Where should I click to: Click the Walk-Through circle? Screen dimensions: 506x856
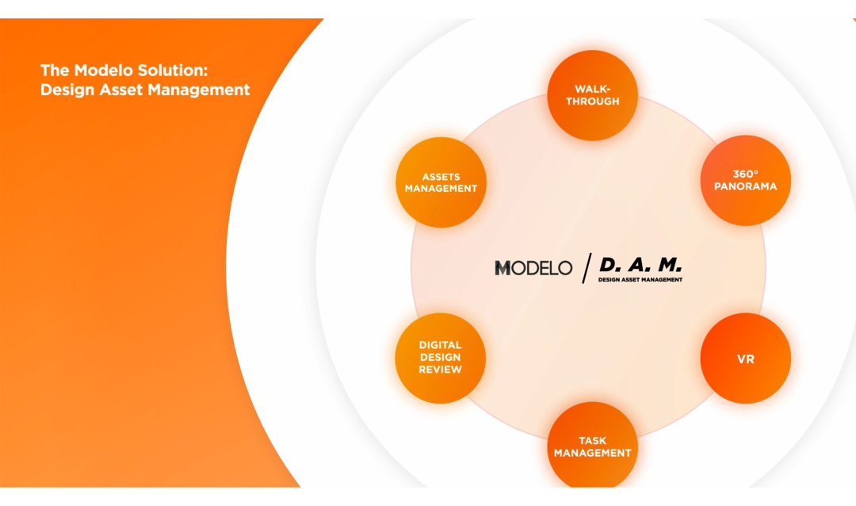click(x=592, y=95)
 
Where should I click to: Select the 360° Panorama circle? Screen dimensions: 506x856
click(x=745, y=180)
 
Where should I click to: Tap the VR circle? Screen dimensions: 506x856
click(x=745, y=358)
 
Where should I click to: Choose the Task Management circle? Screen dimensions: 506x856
click(x=592, y=447)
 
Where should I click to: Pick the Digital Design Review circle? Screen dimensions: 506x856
click(x=440, y=358)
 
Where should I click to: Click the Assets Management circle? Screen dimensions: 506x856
click(x=441, y=182)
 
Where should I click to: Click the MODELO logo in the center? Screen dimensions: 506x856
click(x=533, y=268)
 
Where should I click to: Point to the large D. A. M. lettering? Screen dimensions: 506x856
click(x=640, y=265)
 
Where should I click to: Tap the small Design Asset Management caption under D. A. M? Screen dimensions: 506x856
click(x=640, y=280)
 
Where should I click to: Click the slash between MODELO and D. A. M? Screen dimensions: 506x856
click(x=587, y=268)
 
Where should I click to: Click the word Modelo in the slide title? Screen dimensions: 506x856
click(x=102, y=70)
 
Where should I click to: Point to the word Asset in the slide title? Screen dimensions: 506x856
click(x=122, y=90)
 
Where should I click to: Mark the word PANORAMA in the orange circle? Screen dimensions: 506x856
click(x=745, y=186)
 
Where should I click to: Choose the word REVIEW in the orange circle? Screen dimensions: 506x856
click(x=440, y=370)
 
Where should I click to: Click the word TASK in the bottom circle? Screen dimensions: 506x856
click(x=592, y=441)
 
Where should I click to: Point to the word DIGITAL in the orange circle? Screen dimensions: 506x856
click(x=440, y=345)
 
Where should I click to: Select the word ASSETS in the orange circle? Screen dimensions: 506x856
click(x=441, y=177)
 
